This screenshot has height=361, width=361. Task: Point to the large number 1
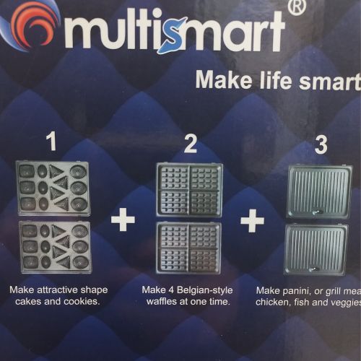[x=52, y=142]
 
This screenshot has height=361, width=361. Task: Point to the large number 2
[x=191, y=144]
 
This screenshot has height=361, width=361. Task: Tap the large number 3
[x=321, y=145]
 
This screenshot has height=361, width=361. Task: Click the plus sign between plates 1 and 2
[x=123, y=219]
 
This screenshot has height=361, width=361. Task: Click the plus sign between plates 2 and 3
[x=253, y=221]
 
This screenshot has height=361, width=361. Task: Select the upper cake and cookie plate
[x=53, y=188]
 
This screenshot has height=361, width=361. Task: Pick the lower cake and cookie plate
[x=56, y=247]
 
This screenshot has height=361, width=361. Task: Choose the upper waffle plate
[x=190, y=190]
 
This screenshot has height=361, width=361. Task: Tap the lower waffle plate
[x=189, y=248]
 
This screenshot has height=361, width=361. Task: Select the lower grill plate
[x=316, y=250]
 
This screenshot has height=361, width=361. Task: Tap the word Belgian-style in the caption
[x=205, y=290]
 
